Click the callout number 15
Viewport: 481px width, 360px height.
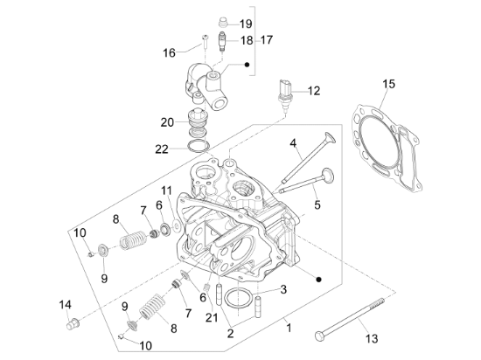point(389,84)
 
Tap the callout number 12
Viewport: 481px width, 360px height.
point(313,90)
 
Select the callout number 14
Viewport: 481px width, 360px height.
point(65,304)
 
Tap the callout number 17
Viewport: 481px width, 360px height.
point(266,40)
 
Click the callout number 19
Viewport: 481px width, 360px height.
point(245,24)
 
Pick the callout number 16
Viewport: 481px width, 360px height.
point(169,52)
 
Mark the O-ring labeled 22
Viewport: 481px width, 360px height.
point(199,144)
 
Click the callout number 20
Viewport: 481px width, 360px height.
point(168,121)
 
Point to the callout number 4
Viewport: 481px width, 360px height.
point(294,142)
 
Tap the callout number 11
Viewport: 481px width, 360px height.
point(165,190)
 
